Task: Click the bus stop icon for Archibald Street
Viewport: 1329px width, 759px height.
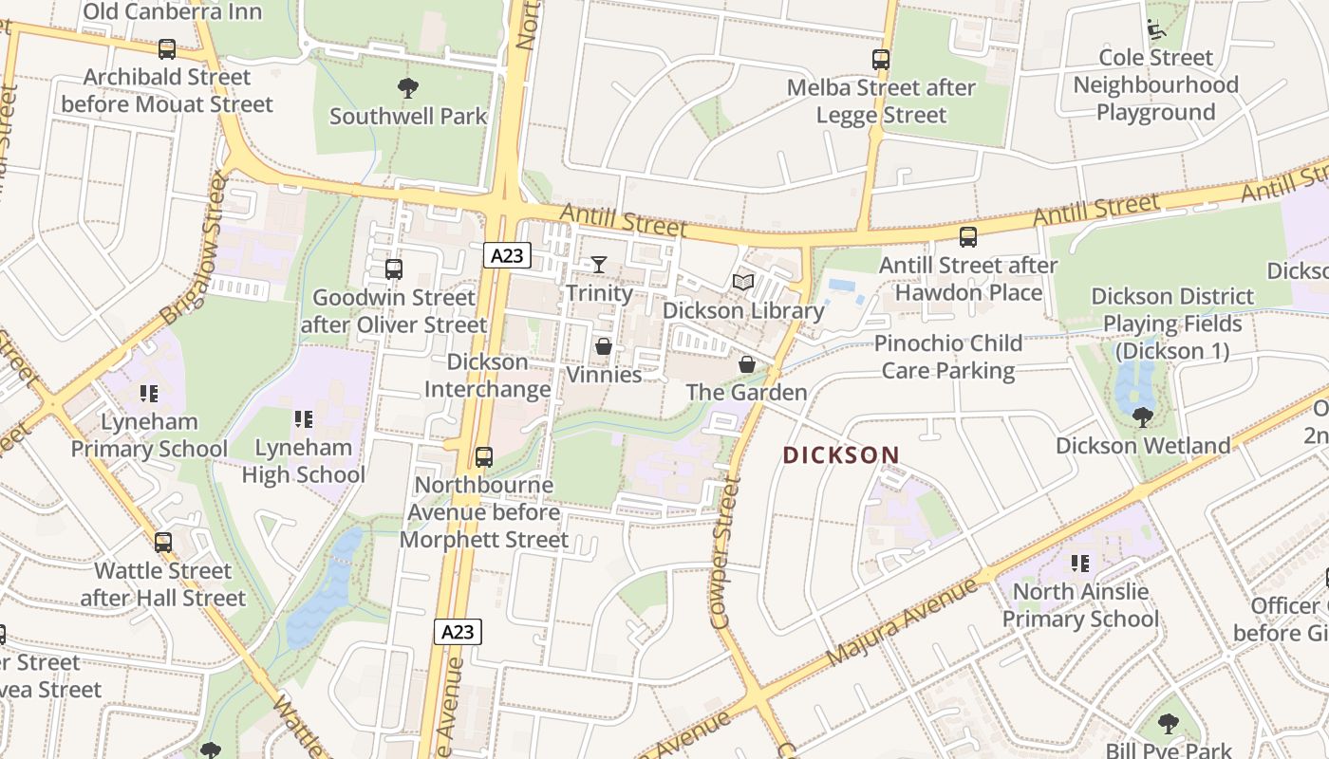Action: pos(167,49)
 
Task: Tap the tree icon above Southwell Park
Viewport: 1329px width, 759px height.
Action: pos(408,89)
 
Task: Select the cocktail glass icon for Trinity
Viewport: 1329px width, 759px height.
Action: pos(599,264)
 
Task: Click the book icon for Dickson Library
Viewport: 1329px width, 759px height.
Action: pos(743,282)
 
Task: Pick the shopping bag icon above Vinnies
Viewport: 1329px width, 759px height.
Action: pos(603,346)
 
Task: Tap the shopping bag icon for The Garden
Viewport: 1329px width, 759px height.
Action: pos(747,364)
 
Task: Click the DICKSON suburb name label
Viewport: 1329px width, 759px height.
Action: pos(840,455)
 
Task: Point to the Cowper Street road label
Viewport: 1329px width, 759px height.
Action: pos(724,553)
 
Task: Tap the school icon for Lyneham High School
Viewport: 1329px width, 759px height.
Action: pos(304,418)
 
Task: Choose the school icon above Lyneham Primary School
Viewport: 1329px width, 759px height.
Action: pos(149,393)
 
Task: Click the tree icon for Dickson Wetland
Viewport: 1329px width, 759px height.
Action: pos(1143,417)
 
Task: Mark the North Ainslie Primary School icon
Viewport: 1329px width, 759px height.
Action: pos(1080,564)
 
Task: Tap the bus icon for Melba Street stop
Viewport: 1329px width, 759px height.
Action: pos(881,60)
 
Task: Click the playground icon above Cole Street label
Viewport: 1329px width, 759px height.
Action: pos(1155,29)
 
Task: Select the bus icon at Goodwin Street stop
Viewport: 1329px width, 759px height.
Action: pos(394,269)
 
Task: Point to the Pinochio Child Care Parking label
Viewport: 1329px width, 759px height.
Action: pos(949,356)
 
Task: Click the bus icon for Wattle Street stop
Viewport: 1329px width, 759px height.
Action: pos(163,543)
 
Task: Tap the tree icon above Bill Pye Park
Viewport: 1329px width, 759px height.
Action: pos(1169,724)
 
